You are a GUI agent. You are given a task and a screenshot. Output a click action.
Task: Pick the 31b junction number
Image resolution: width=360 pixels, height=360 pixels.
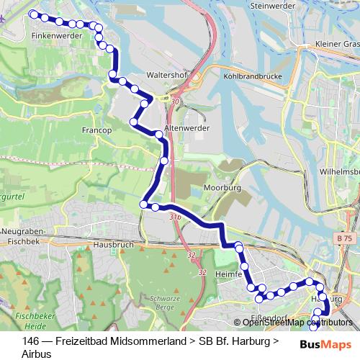[x=175, y=215]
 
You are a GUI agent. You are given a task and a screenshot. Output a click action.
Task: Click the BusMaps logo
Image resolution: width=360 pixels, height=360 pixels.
[x=321, y=344]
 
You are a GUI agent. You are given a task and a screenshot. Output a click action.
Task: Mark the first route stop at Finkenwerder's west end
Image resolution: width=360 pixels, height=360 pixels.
[x=33, y=14]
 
